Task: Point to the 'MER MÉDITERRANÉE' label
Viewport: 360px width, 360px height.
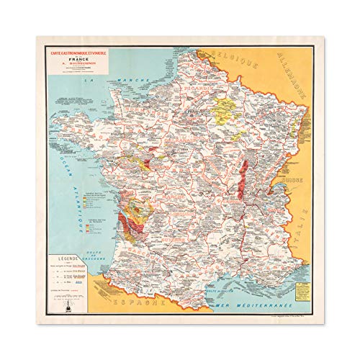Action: tap(253, 289)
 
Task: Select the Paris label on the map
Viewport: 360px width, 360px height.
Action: tap(189, 114)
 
